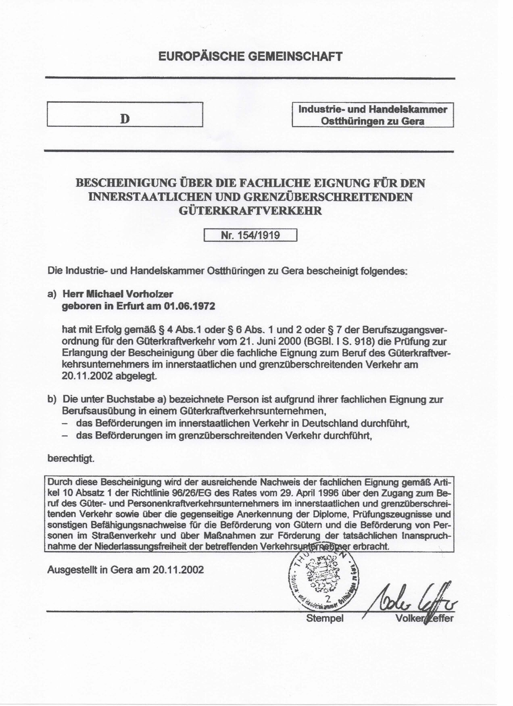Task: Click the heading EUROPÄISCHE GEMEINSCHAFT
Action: click(250, 56)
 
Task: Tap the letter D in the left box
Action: click(125, 119)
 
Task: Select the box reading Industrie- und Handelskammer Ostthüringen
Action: click(373, 115)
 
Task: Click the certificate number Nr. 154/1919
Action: click(250, 235)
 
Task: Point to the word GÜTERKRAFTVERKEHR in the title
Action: click(250, 210)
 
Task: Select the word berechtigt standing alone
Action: click(71, 458)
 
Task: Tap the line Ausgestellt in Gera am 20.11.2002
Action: click(125, 570)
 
